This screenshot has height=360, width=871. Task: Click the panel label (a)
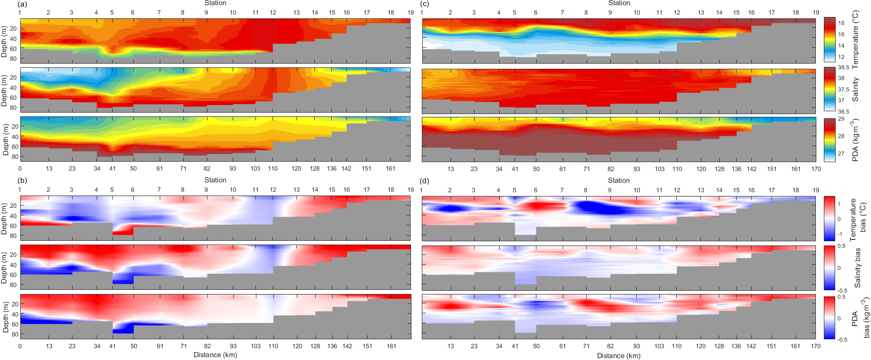pos(22,4)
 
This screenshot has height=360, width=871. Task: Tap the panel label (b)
pos(22,180)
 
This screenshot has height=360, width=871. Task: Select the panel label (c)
pos(424,4)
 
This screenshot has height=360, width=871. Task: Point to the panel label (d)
pos(424,180)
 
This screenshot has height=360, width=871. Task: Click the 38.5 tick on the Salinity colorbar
pos(843,68)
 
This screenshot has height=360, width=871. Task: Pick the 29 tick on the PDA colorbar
pos(841,119)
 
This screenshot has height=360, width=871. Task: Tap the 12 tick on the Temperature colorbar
pos(841,57)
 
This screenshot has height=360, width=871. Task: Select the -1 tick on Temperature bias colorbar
pos(840,234)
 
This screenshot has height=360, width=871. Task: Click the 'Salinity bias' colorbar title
pos(857,268)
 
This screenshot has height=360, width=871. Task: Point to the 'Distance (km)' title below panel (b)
pos(215,355)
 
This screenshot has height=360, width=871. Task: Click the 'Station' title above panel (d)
pos(619,180)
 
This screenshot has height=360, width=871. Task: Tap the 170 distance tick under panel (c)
pos(816,169)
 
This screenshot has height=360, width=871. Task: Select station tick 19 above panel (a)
pos(411,12)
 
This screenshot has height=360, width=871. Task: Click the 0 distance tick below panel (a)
pos(20,168)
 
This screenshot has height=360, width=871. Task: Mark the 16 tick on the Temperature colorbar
pos(841,34)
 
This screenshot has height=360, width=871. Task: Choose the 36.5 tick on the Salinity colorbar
pos(843,112)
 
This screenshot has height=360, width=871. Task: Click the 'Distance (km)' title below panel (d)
pos(619,356)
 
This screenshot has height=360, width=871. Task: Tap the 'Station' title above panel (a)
pos(215,3)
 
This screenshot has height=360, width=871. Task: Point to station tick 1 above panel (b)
pos(20,189)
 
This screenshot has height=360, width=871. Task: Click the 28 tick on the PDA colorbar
pos(841,136)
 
